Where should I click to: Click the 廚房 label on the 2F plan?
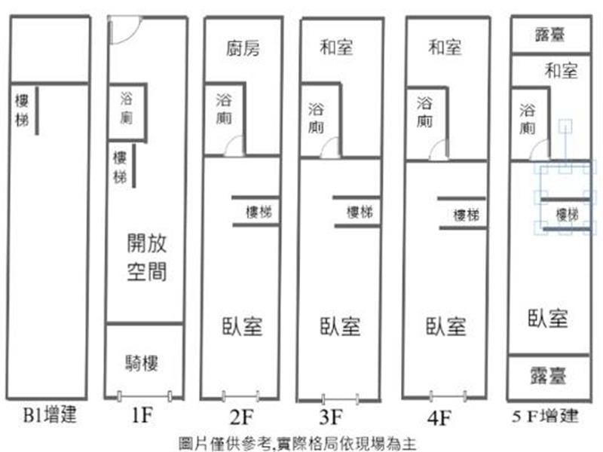[x=243, y=48]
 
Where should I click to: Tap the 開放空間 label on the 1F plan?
[x=147, y=257]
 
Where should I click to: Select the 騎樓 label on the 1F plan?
[x=142, y=363]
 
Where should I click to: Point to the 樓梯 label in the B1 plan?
[x=22, y=111]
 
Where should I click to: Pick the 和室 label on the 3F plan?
[x=336, y=47]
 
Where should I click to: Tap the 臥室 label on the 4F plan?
[x=445, y=326]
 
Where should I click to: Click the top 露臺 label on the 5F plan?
[x=550, y=35]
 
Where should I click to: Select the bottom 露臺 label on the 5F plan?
[x=548, y=375]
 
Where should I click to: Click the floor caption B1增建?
[x=50, y=415]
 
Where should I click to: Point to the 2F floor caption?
[x=242, y=417]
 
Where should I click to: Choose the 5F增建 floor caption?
[x=545, y=416]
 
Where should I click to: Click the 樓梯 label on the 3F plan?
[x=360, y=212]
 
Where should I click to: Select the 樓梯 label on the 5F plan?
[x=568, y=215]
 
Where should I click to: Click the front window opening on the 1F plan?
[x=144, y=396]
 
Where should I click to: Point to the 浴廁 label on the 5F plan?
[x=527, y=119]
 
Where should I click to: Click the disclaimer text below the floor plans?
[x=298, y=444]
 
